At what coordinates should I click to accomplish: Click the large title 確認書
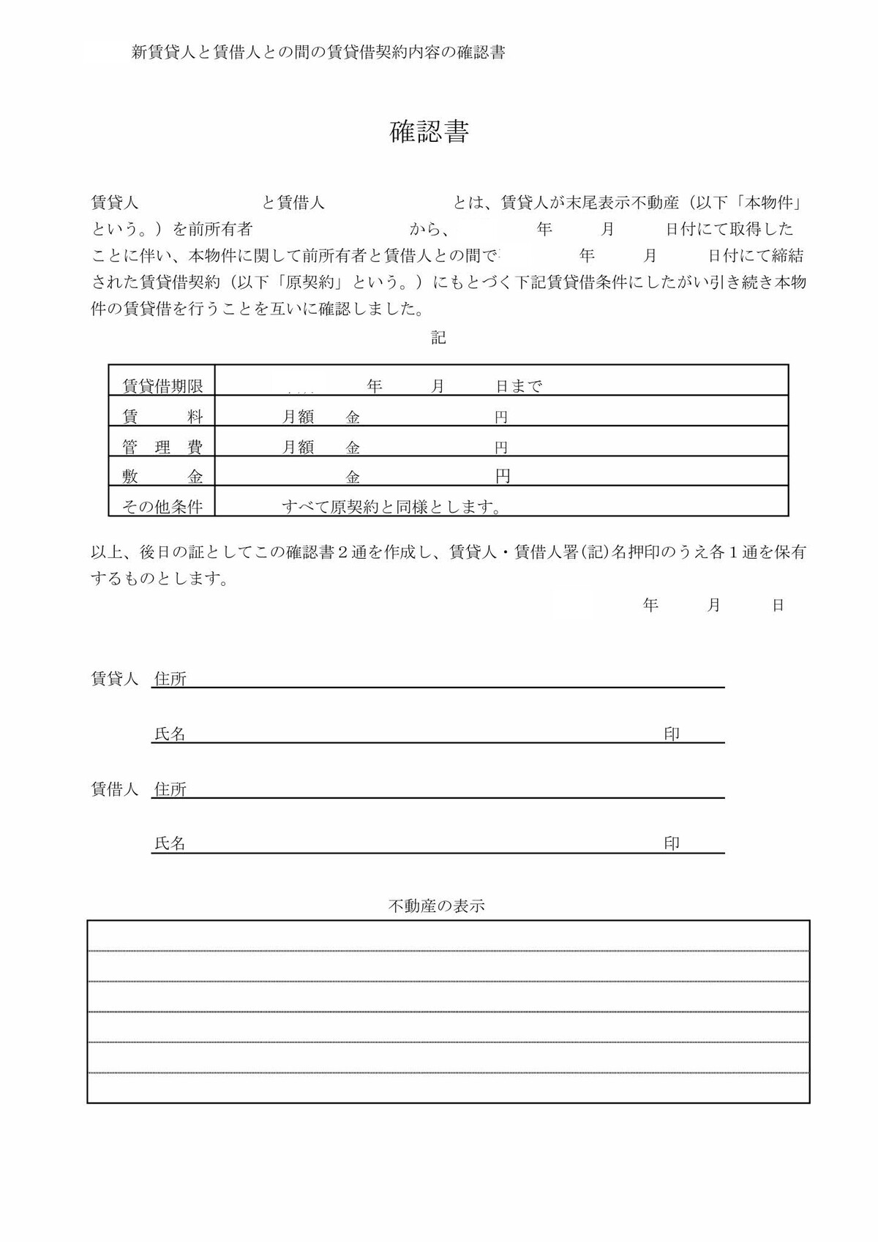pyautogui.click(x=429, y=132)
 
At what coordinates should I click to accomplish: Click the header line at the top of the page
pyautogui.click(x=318, y=53)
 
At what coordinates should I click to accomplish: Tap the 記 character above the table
pyautogui.click(x=438, y=337)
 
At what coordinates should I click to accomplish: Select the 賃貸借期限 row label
pyautogui.click(x=162, y=386)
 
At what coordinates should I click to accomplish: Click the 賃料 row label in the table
pyautogui.click(x=162, y=417)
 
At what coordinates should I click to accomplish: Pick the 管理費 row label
pyautogui.click(x=162, y=447)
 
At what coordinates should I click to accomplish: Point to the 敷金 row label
pyautogui.click(x=162, y=477)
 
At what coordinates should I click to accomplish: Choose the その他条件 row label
pyautogui.click(x=162, y=506)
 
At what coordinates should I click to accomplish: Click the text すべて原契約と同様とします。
pyautogui.click(x=393, y=506)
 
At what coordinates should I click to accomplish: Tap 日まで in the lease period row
pyautogui.click(x=519, y=386)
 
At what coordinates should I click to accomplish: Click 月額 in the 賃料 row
pyautogui.click(x=299, y=417)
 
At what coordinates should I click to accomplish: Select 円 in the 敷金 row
pyautogui.click(x=503, y=477)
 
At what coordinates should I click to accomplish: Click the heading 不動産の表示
pyautogui.click(x=437, y=906)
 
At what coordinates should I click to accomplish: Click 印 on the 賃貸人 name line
pyautogui.click(x=672, y=734)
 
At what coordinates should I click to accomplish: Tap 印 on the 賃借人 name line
pyautogui.click(x=672, y=843)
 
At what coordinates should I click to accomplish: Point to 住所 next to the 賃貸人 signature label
pyautogui.click(x=170, y=679)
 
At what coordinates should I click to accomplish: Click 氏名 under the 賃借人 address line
pyautogui.click(x=170, y=843)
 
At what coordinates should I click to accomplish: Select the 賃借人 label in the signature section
pyautogui.click(x=114, y=789)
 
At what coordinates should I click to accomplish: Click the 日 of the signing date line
pyautogui.click(x=778, y=605)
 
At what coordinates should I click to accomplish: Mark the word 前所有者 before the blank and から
pyautogui.click(x=220, y=229)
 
